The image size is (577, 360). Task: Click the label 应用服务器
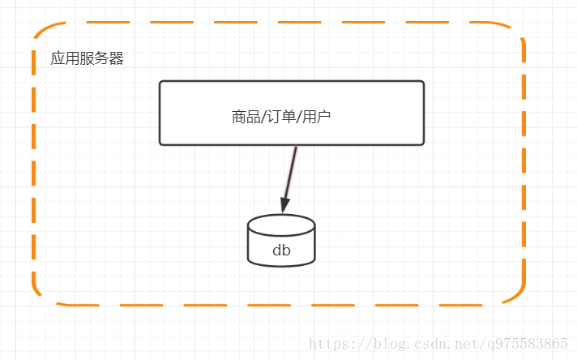87,59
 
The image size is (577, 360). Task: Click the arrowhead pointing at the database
284,204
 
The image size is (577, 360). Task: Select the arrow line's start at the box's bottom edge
297,148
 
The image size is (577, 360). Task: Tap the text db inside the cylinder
281,251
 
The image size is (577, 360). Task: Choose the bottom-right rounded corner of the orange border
515,295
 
